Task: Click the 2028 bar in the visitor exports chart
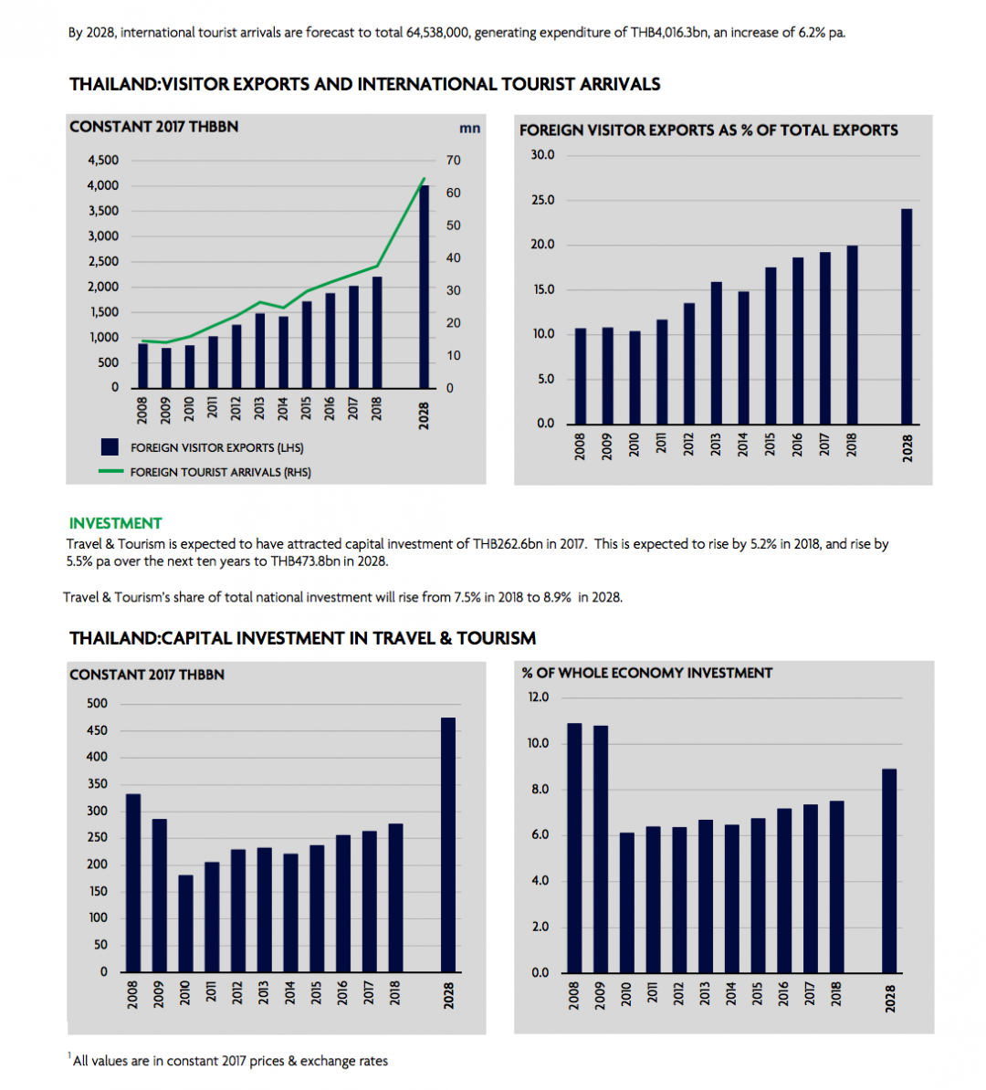424,288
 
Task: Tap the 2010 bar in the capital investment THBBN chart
185,923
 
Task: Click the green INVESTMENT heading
115,523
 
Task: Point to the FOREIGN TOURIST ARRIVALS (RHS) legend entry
220,472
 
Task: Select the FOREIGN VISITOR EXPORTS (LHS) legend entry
216,447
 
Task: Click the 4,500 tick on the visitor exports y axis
103,160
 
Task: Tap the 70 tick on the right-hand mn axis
454,160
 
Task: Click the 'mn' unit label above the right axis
469,128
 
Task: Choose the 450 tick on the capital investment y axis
97,730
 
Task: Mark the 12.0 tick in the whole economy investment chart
539,697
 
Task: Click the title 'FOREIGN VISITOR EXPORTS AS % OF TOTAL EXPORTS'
708,131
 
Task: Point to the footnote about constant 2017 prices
230,1061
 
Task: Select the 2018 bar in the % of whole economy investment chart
836,886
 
